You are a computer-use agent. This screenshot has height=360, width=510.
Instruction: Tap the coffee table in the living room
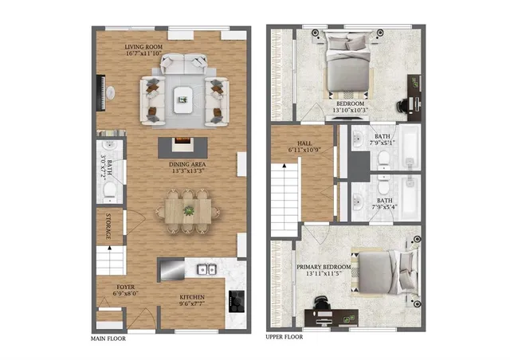[182, 99]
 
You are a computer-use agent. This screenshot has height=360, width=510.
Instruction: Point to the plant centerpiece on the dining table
[190, 210]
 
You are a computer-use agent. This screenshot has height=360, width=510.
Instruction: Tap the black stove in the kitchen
[237, 299]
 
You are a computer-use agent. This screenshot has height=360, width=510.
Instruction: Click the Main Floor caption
[108, 338]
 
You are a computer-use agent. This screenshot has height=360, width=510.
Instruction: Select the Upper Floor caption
[284, 338]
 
